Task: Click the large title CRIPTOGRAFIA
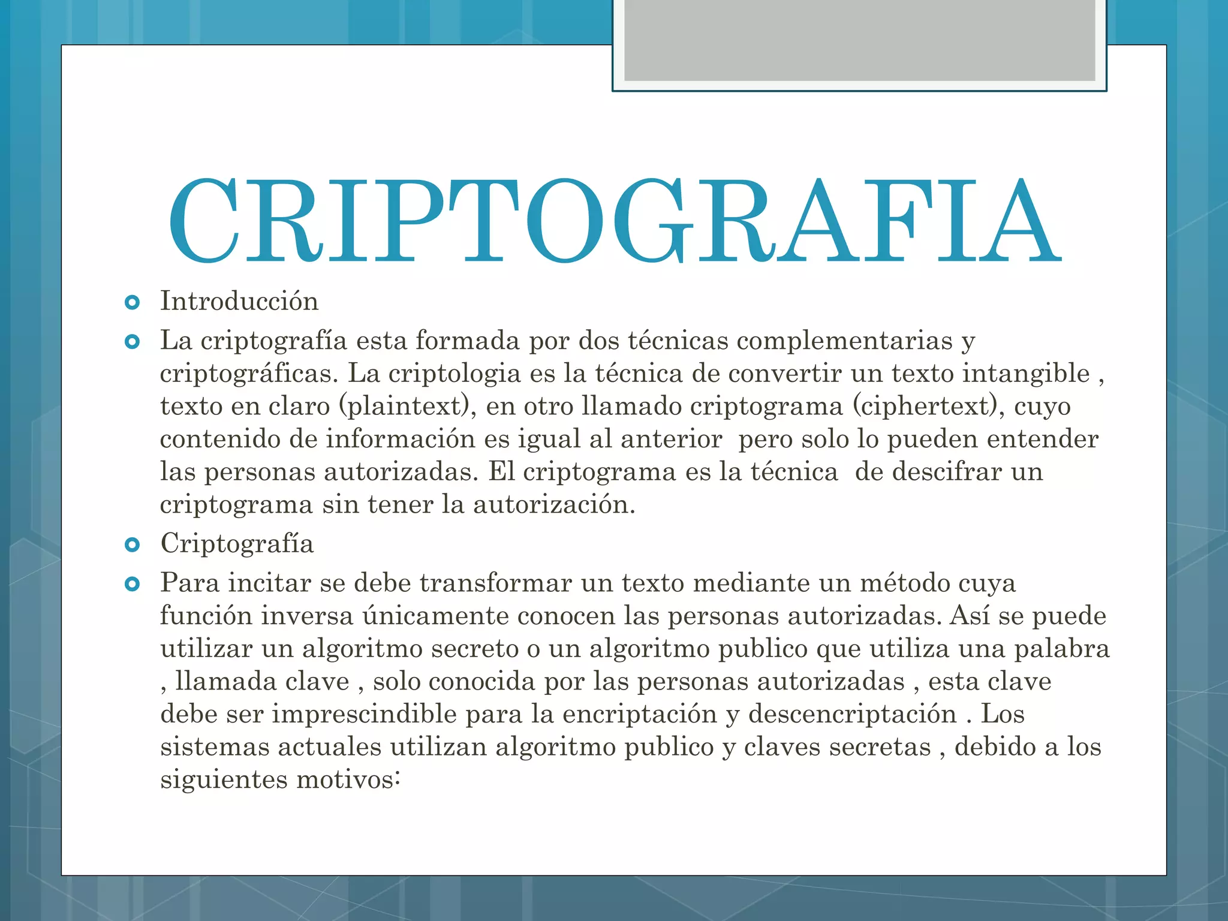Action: pos(614,221)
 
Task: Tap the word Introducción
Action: pos(239,301)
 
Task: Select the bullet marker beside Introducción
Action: pos(132,302)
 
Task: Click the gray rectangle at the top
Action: pos(859,41)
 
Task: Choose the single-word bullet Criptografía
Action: pos(237,544)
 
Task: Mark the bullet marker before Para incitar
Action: pos(132,583)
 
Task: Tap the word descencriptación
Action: pos(851,714)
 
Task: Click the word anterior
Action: pos(671,439)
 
